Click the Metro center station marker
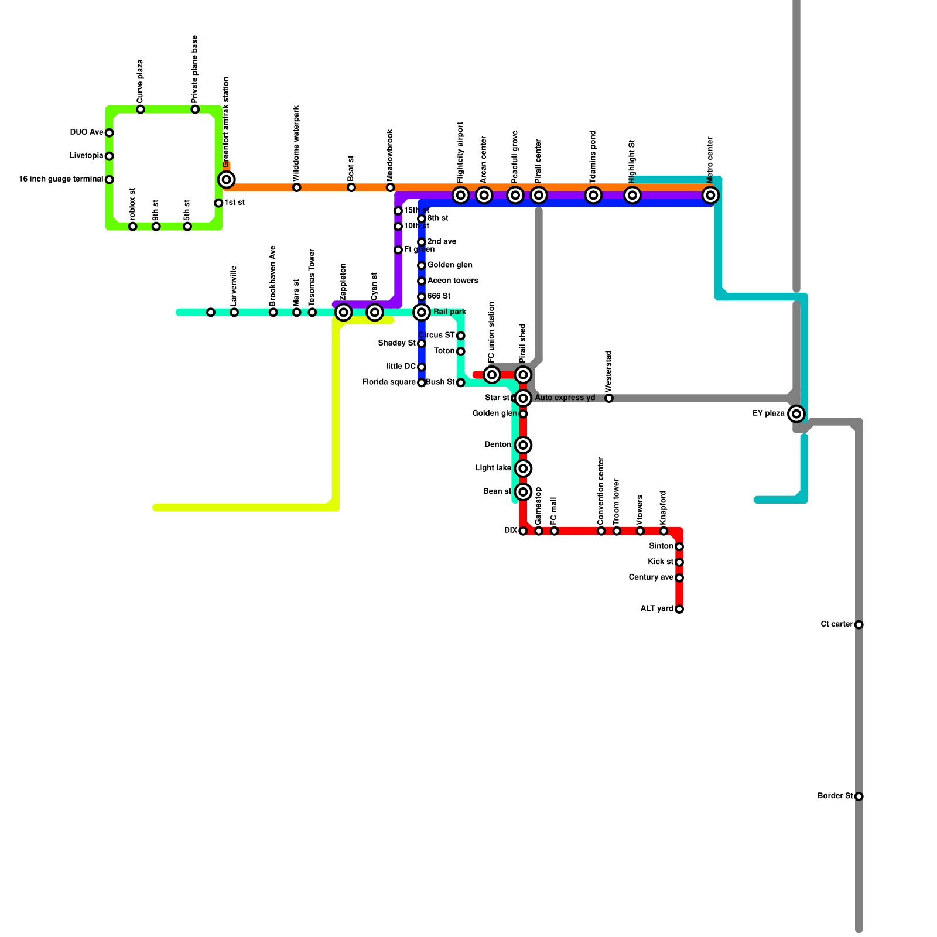click(x=710, y=195)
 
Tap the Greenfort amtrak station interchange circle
click(x=227, y=179)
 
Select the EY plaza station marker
click(x=796, y=413)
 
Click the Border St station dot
click(x=859, y=796)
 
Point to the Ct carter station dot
click(x=859, y=625)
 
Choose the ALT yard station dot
click(x=679, y=609)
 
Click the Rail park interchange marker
click(x=422, y=312)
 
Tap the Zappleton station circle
click(x=344, y=312)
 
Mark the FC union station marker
click(x=492, y=375)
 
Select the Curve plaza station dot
click(x=141, y=110)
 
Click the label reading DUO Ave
click(x=87, y=132)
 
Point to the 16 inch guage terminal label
click(x=61, y=179)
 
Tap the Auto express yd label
click(x=565, y=398)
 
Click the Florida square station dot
click(x=422, y=382)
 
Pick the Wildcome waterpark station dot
click(x=297, y=187)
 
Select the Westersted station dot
click(x=609, y=398)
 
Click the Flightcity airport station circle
click(x=461, y=195)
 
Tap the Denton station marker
click(x=524, y=445)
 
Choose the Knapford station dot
click(x=664, y=531)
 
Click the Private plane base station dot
click(x=195, y=110)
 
